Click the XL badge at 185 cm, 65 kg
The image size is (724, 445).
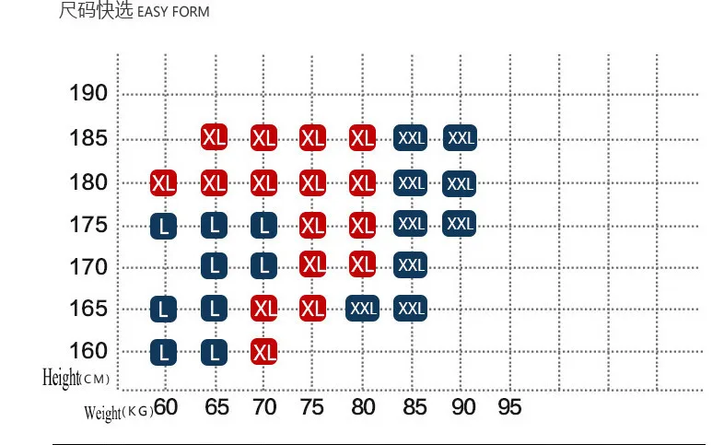click(x=215, y=137)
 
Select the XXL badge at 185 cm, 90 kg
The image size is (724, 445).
click(x=460, y=137)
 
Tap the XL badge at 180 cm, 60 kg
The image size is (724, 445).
click(x=163, y=182)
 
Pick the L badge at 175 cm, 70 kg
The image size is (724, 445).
click(x=263, y=226)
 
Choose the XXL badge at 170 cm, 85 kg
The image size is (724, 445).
click(x=411, y=264)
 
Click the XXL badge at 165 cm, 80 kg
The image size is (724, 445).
click(x=363, y=308)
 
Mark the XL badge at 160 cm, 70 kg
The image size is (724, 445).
click(x=263, y=352)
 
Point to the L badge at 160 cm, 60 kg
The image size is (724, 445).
click(x=163, y=352)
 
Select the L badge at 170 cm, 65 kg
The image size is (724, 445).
click(x=215, y=265)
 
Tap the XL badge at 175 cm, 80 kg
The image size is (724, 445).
click(x=363, y=226)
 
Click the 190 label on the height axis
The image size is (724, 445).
click(x=88, y=93)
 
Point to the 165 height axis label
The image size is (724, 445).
click(x=88, y=309)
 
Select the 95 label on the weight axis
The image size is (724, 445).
click(x=509, y=407)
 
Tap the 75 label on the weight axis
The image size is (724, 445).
click(x=311, y=407)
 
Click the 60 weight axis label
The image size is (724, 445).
click(x=166, y=406)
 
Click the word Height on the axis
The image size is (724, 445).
click(x=61, y=377)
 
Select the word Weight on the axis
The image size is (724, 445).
click(x=102, y=412)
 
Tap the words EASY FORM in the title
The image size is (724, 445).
click(x=173, y=12)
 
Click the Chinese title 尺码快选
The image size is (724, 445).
click(x=96, y=10)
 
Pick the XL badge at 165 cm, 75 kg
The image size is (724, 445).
click(x=312, y=308)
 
